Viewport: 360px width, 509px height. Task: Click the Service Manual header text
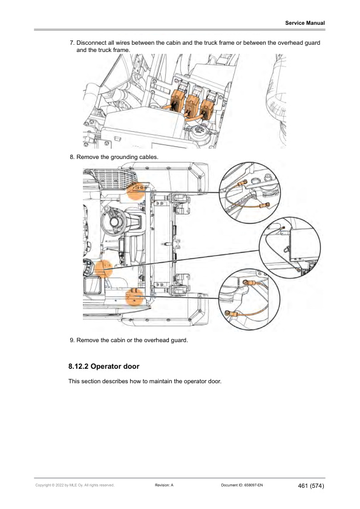click(x=305, y=23)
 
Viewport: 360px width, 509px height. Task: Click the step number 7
click(x=72, y=43)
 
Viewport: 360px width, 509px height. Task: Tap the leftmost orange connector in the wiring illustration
click(x=177, y=100)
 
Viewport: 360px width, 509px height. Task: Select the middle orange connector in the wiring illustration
click(x=192, y=105)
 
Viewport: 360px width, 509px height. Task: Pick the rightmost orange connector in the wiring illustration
click(x=208, y=109)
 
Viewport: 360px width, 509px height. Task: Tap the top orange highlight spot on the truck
click(x=136, y=190)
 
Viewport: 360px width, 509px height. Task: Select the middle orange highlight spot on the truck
click(x=103, y=269)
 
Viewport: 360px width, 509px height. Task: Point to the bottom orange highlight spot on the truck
click(x=134, y=297)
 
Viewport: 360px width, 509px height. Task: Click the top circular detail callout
click(x=250, y=193)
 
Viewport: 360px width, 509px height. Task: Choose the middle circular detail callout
click(x=290, y=248)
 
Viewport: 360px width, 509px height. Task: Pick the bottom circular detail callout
click(x=249, y=300)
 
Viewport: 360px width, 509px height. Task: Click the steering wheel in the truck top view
click(x=114, y=222)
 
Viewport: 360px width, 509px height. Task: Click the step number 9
click(x=72, y=340)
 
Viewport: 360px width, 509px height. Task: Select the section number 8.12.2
click(x=78, y=366)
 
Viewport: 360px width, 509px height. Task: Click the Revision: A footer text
click(x=164, y=485)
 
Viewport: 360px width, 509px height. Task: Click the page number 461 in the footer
click(x=303, y=486)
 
